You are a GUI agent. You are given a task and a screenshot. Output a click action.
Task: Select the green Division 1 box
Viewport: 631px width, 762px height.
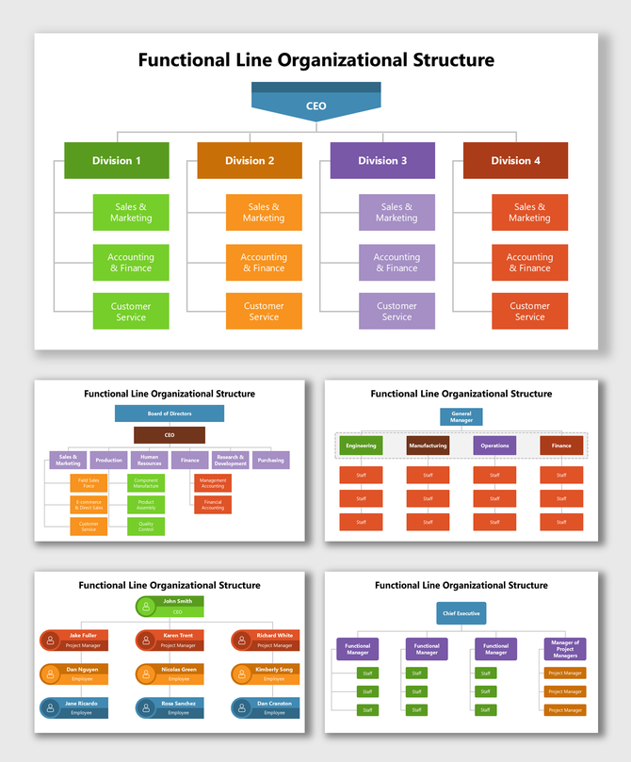pyautogui.click(x=117, y=160)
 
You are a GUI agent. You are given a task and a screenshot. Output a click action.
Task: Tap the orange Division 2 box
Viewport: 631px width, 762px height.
pyautogui.click(x=250, y=160)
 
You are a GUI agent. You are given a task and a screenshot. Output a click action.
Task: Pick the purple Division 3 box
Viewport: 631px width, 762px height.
pyautogui.click(x=382, y=160)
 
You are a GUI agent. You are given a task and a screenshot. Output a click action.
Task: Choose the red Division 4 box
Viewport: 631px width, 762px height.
pyautogui.click(x=515, y=160)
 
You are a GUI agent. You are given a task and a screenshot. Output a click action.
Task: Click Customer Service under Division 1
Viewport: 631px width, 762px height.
pyautogui.click(x=131, y=311)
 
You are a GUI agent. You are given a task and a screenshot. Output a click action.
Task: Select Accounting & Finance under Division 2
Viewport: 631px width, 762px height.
pyautogui.click(x=264, y=262)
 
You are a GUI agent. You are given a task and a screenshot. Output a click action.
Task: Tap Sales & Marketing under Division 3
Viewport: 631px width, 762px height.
pyautogui.click(x=396, y=213)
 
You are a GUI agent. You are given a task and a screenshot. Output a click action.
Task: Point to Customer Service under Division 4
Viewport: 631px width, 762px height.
pyautogui.click(x=529, y=311)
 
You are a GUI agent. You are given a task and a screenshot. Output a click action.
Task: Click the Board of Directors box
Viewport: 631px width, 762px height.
pyautogui.click(x=170, y=413)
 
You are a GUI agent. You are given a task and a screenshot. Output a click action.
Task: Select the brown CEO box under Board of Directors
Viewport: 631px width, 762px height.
pyautogui.click(x=170, y=435)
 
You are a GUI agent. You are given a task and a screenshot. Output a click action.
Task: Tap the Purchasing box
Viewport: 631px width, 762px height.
pyautogui.click(x=270, y=461)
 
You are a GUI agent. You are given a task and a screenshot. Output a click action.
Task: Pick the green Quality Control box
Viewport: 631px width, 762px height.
pyautogui.click(x=146, y=527)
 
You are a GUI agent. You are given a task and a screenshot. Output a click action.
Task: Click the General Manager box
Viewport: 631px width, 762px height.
pyautogui.click(x=461, y=416)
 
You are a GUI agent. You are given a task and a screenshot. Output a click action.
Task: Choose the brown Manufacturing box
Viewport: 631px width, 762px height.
pyautogui.click(x=428, y=446)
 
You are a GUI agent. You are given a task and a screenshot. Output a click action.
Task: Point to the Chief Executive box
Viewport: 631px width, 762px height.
pyautogui.click(x=461, y=613)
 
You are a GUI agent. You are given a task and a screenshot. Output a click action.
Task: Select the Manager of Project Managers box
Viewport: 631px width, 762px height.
pyautogui.click(x=565, y=648)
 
